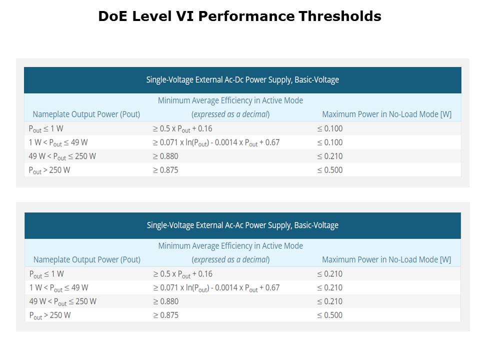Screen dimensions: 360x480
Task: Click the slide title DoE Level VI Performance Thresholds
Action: pyautogui.click(x=239, y=16)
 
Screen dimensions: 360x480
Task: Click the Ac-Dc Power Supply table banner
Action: pyautogui.click(x=242, y=79)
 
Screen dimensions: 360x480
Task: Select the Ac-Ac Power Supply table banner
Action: pyautogui.click(x=242, y=225)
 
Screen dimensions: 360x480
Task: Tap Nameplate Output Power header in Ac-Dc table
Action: pyautogui.click(x=86, y=114)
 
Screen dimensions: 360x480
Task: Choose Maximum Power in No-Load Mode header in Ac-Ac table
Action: pyautogui.click(x=386, y=259)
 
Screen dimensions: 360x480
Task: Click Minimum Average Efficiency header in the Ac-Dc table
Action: pyautogui.click(x=230, y=100)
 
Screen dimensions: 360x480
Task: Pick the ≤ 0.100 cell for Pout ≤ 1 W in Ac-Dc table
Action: pyautogui.click(x=330, y=128)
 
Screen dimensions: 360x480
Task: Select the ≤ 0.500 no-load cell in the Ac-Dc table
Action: pyautogui.click(x=330, y=170)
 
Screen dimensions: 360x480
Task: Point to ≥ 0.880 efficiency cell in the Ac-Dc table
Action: pyautogui.click(x=165, y=156)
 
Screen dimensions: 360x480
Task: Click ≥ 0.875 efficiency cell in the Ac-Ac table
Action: pyautogui.click(x=166, y=315)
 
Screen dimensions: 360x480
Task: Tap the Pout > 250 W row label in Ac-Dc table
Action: pyautogui.click(x=49, y=170)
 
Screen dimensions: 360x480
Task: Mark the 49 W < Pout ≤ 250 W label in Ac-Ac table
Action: pyautogui.click(x=63, y=301)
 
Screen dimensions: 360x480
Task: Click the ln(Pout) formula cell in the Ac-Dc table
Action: pyautogui.click(x=216, y=142)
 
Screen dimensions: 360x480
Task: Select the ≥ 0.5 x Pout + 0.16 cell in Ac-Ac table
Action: pyautogui.click(x=182, y=274)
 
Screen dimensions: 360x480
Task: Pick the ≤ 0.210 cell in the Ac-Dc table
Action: pyautogui.click(x=330, y=156)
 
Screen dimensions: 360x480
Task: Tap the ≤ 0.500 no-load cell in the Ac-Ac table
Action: pyautogui.click(x=330, y=315)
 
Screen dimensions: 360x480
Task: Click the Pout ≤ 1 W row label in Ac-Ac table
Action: pyautogui.click(x=46, y=274)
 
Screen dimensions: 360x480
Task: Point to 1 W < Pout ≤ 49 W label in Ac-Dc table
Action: pyautogui.click(x=58, y=142)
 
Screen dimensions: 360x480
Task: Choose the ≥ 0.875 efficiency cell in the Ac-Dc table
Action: pyautogui.click(x=165, y=170)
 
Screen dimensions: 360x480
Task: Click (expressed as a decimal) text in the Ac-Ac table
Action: pyautogui.click(x=230, y=259)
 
